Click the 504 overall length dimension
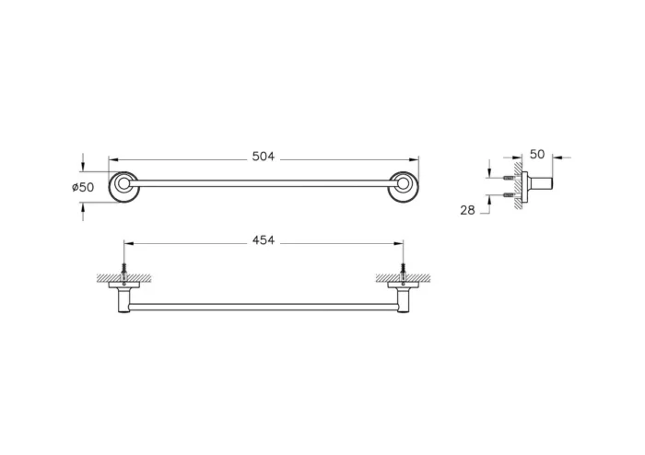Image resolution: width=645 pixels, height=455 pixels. [264, 157]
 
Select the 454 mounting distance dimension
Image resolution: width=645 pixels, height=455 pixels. [264, 241]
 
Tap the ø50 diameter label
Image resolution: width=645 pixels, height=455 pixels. [83, 187]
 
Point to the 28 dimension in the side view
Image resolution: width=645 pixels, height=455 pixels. [467, 210]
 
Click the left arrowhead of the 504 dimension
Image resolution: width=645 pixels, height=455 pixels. [113, 157]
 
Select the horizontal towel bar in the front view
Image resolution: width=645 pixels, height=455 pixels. [264, 306]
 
